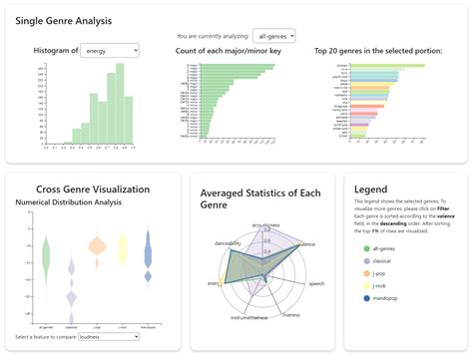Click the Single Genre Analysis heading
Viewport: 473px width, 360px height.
point(64,20)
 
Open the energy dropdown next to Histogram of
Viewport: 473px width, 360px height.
point(110,50)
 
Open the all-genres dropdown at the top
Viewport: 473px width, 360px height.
point(273,34)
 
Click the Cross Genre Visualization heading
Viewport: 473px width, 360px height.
point(93,189)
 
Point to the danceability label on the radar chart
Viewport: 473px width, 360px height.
point(227,243)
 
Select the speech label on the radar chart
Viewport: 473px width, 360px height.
point(315,284)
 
